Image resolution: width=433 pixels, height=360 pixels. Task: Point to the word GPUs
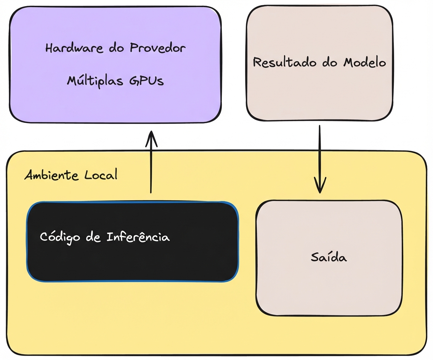pyautogui.click(x=146, y=81)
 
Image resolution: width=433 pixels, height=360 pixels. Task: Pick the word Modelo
pyautogui.click(x=364, y=62)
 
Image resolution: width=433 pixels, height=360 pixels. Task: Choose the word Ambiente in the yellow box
pyautogui.click(x=51, y=175)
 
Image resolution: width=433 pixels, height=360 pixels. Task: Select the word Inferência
pyautogui.click(x=138, y=237)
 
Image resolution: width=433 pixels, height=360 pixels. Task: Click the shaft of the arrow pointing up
pyautogui.click(x=151, y=168)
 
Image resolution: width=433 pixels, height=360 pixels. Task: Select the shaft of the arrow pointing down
pyautogui.click(x=319, y=153)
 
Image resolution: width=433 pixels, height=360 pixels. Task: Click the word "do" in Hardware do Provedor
pyautogui.click(x=116, y=49)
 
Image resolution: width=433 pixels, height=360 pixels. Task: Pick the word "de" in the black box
pyautogui.click(x=93, y=237)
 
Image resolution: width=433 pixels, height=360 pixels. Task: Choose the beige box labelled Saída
pyautogui.click(x=329, y=286)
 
